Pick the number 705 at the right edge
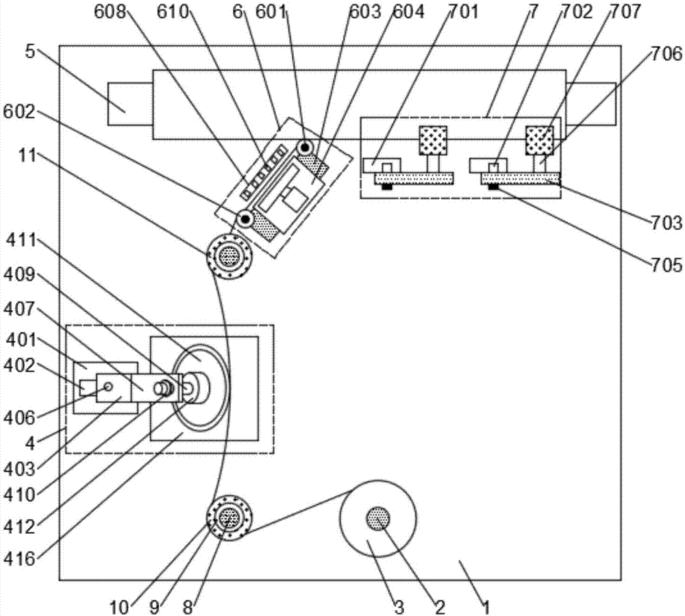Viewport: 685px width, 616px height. pos(668,263)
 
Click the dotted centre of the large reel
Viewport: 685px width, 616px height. pos(377,517)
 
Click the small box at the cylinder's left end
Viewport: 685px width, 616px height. pos(130,104)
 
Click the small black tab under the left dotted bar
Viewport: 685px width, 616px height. pos(388,187)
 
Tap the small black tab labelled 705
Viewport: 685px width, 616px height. pos(493,187)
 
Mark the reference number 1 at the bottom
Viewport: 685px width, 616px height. pos(486,606)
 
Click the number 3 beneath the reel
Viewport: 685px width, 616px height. pos(400,606)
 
